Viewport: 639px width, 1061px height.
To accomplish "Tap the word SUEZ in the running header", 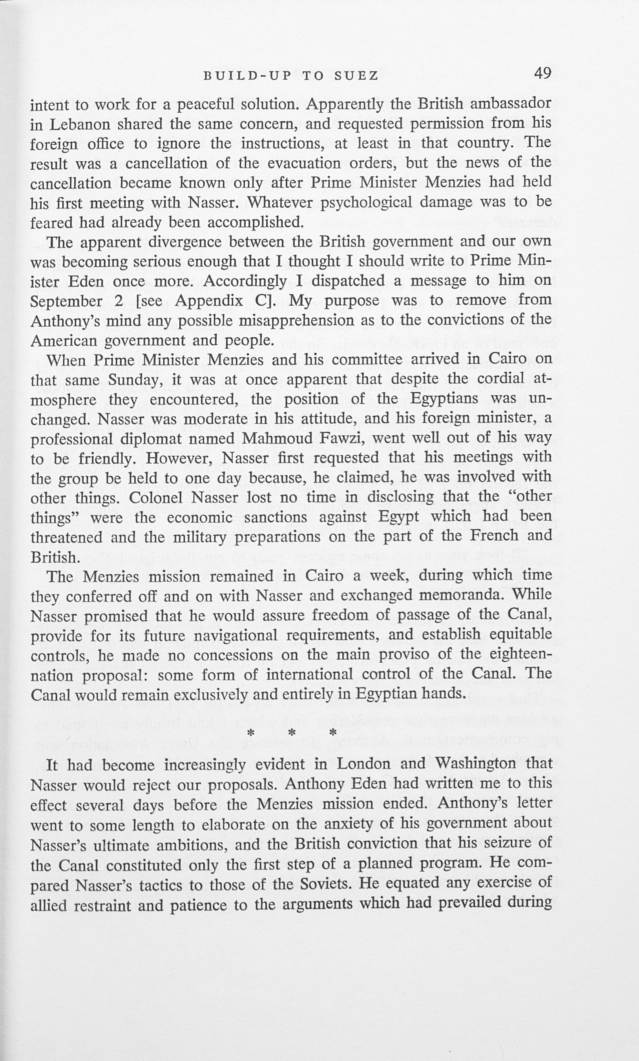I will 356,76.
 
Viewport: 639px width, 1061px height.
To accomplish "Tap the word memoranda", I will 457,596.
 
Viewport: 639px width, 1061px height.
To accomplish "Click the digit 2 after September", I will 120,301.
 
